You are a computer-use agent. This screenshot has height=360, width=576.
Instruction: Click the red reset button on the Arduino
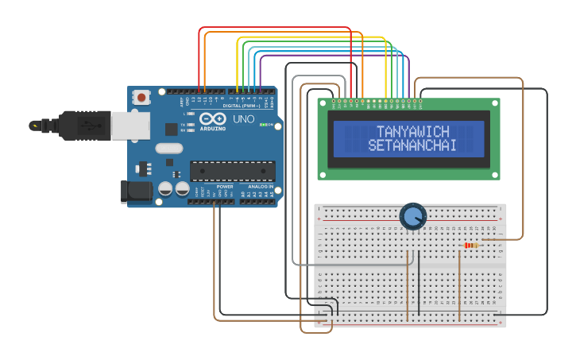click(141, 98)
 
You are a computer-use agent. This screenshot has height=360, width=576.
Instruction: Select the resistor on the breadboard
click(471, 245)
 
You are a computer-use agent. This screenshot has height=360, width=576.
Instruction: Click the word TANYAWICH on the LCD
click(412, 132)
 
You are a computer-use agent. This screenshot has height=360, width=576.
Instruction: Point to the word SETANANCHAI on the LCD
click(412, 146)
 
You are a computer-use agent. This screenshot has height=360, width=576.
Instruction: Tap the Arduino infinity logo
click(212, 119)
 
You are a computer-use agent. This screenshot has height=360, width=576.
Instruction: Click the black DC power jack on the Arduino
click(135, 191)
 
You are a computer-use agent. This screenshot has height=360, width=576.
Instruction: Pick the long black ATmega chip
click(232, 171)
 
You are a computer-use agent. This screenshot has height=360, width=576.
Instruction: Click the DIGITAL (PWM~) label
click(243, 106)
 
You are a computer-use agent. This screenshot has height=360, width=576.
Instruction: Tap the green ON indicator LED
click(261, 126)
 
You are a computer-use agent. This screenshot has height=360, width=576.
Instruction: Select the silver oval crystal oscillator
click(169, 148)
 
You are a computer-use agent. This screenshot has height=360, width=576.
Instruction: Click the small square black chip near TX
click(171, 129)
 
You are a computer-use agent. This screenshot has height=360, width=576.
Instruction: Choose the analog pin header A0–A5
click(259, 201)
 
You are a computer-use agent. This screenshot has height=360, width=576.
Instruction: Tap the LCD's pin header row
click(378, 101)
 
